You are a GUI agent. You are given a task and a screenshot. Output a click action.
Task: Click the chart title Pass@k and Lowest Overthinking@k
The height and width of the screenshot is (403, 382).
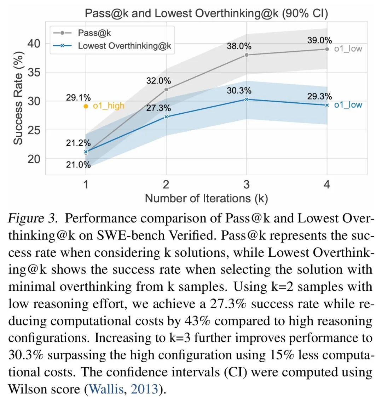pyautogui.click(x=206, y=13)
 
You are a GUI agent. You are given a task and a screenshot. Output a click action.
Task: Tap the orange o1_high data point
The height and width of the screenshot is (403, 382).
pyautogui.click(x=86, y=106)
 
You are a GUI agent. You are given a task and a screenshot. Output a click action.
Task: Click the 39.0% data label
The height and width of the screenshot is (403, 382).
pyautogui.click(x=319, y=40)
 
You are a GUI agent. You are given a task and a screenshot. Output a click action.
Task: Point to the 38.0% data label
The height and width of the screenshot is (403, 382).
pyautogui.click(x=239, y=46)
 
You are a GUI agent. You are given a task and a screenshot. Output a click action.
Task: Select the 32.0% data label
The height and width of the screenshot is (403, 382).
pyautogui.click(x=158, y=81)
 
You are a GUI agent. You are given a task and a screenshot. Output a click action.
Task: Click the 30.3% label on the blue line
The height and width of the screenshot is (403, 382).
pyautogui.click(x=239, y=91)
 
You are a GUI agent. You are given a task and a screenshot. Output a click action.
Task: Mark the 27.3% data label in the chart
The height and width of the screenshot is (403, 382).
pyautogui.click(x=158, y=108)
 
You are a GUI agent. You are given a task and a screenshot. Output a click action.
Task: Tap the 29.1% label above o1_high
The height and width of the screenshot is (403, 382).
pyautogui.click(x=78, y=97)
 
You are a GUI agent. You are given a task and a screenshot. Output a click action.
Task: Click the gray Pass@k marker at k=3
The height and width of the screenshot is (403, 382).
pyautogui.click(x=247, y=55)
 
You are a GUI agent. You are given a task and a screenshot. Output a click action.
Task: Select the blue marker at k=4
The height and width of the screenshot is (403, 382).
pyautogui.click(x=327, y=105)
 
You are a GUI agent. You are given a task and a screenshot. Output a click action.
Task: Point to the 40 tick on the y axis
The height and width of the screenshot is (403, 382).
pyautogui.click(x=34, y=44)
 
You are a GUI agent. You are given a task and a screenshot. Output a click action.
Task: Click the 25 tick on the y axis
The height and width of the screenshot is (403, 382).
pyautogui.click(x=34, y=130)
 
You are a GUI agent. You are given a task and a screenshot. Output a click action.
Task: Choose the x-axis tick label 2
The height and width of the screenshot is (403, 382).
pyautogui.click(x=166, y=185)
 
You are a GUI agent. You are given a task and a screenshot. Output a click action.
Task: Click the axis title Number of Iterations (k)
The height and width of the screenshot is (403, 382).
pyautogui.click(x=206, y=198)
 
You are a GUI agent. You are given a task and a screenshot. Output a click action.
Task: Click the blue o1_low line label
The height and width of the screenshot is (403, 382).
pyautogui.click(x=348, y=105)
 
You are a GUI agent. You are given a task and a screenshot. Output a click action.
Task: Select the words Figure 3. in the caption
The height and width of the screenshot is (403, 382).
pyautogui.click(x=33, y=218)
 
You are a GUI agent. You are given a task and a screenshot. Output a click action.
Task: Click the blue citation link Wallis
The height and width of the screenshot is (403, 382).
pyautogui.click(x=106, y=389)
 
